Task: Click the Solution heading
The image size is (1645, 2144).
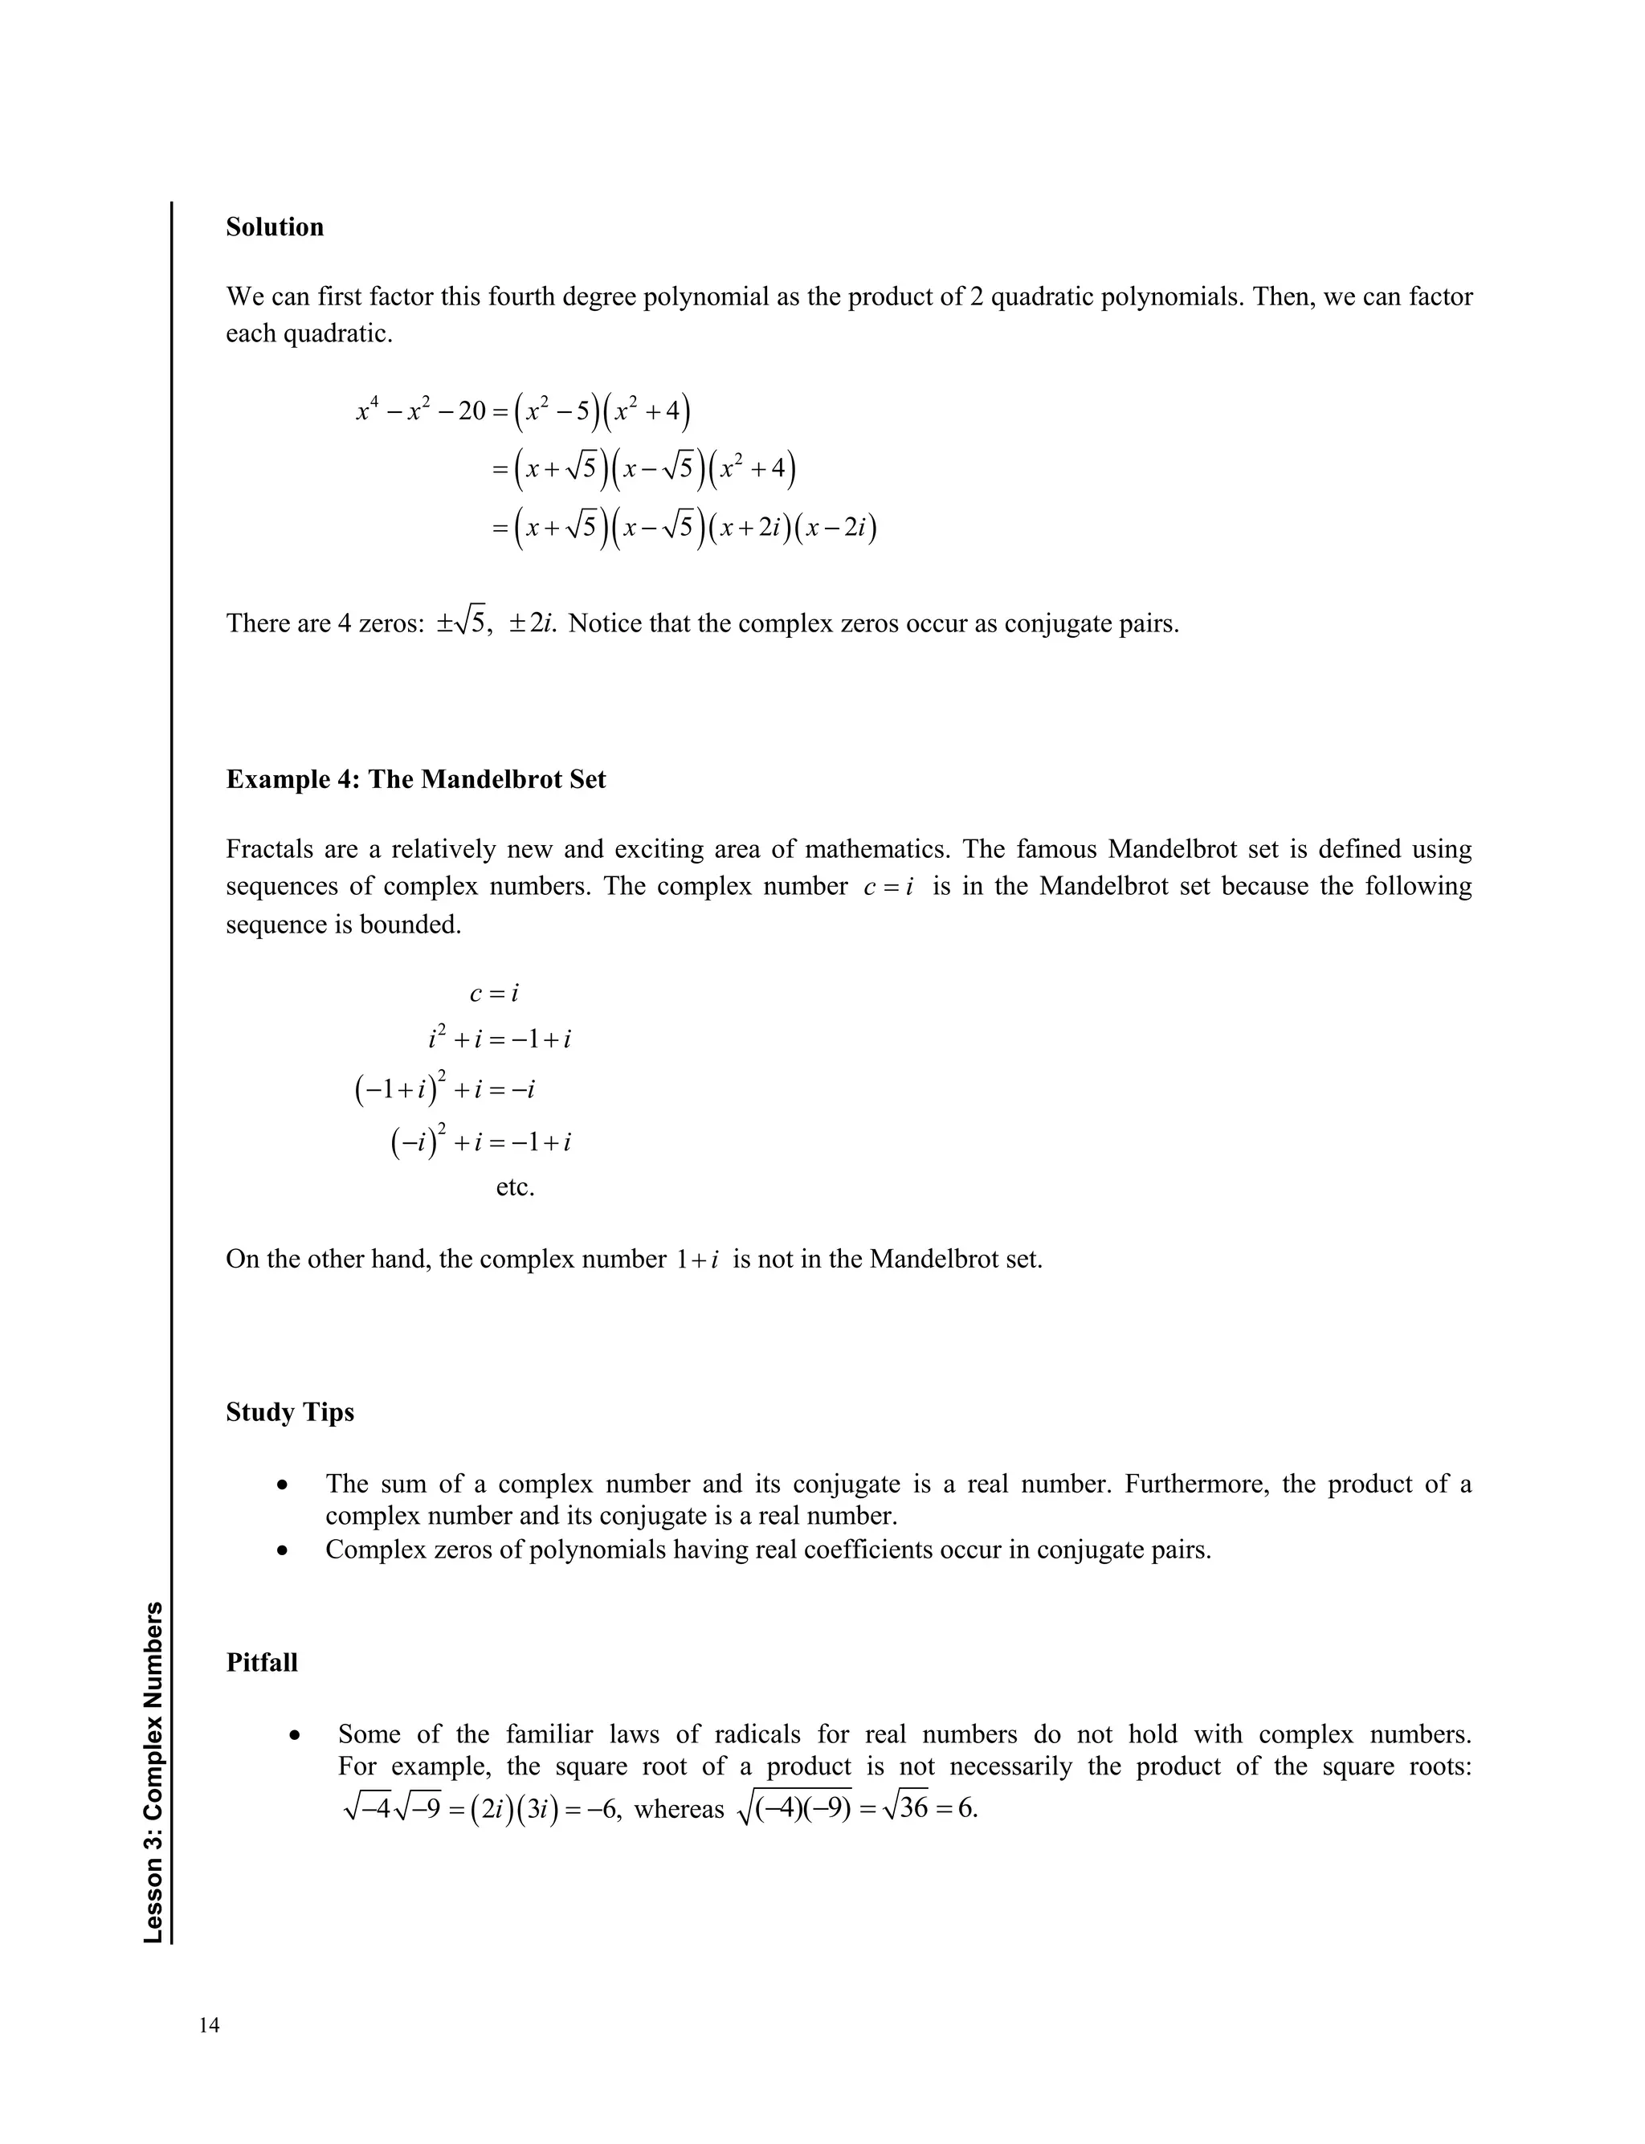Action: point(274,227)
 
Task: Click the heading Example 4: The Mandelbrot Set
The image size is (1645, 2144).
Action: point(415,780)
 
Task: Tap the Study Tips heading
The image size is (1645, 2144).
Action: point(290,1413)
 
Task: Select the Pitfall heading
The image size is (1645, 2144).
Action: point(261,1664)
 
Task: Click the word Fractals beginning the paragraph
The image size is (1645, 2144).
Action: point(263,849)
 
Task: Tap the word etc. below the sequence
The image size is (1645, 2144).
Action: point(515,1187)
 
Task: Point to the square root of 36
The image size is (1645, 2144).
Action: point(904,1808)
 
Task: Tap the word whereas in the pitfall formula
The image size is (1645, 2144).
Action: point(679,1809)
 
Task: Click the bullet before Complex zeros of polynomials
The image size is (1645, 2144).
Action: point(282,1550)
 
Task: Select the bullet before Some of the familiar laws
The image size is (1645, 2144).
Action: point(295,1736)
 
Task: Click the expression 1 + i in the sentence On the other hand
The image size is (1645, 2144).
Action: point(697,1259)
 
